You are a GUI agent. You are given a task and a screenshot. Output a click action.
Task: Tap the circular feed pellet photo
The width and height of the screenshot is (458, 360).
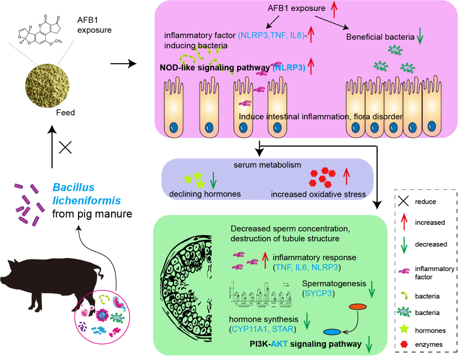47,83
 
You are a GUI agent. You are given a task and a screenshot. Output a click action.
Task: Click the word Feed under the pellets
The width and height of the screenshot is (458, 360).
66,112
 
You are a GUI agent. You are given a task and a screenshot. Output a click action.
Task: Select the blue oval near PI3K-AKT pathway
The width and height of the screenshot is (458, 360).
332,332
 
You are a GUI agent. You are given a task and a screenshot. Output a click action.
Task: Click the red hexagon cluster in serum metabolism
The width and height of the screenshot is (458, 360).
322,178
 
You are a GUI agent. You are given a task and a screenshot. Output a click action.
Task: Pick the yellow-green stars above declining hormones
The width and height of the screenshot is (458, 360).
194,179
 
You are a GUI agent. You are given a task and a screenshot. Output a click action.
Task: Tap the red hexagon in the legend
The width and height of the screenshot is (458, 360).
404,344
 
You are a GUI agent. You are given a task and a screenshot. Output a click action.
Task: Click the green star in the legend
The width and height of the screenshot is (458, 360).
404,330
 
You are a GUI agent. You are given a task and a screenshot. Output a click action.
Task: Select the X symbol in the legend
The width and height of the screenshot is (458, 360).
404,201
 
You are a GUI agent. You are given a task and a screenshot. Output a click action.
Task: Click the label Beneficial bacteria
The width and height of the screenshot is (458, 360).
380,37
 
